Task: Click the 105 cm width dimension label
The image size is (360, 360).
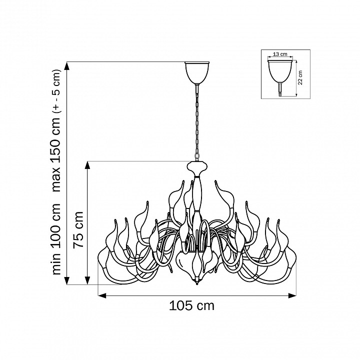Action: [x=191, y=306]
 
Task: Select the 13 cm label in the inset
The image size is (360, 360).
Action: [x=280, y=54]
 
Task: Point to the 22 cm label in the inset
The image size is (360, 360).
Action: [x=300, y=77]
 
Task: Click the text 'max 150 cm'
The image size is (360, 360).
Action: [x=56, y=154]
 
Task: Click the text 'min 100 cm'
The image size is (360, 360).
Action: [x=56, y=239]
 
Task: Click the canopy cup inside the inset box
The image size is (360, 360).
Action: [x=280, y=71]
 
